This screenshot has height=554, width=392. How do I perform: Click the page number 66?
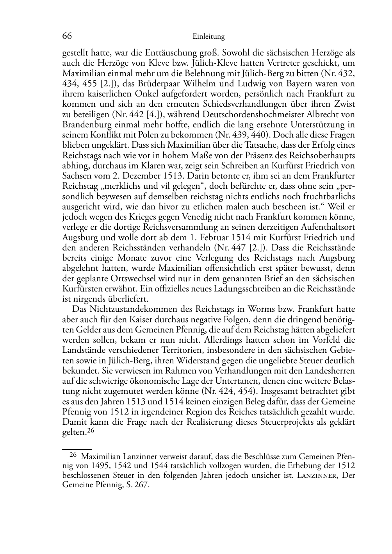coord(67,36)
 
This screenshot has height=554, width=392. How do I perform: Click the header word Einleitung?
coord(208,37)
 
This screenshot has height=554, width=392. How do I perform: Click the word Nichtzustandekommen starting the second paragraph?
coord(123,309)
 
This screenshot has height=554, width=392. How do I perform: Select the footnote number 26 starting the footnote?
coord(73,454)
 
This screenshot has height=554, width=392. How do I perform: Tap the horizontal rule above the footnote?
coord(77,450)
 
